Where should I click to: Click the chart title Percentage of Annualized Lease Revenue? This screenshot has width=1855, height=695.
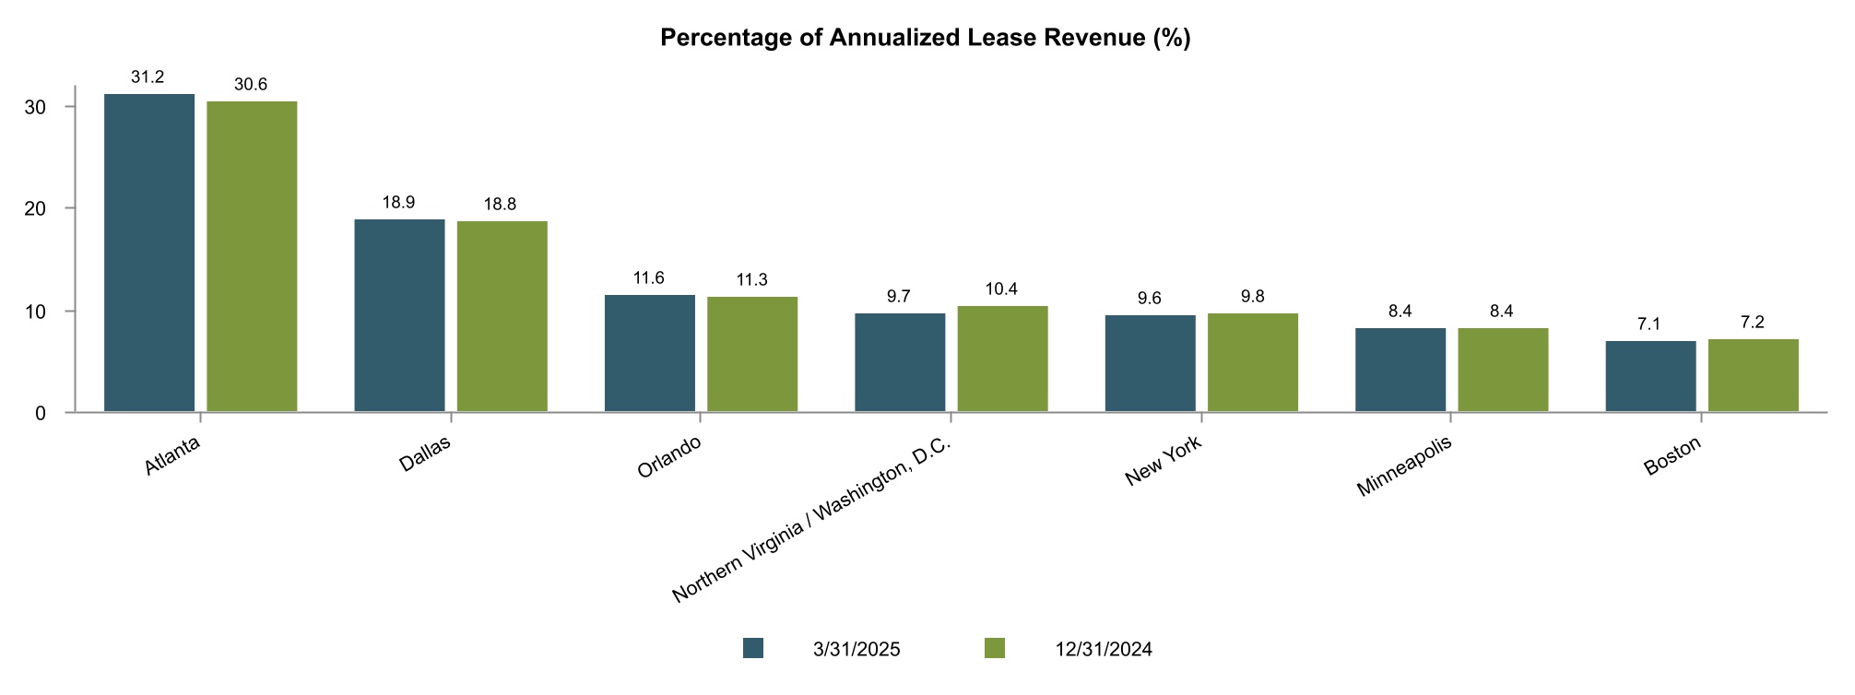click(926, 38)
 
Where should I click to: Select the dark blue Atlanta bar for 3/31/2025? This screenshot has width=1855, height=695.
click(149, 253)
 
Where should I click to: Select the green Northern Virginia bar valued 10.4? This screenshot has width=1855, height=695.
click(1002, 359)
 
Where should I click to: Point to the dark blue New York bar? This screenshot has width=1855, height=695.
click(1150, 363)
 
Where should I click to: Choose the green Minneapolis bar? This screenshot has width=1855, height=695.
click(1503, 370)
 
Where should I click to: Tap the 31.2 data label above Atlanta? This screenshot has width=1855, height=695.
click(148, 77)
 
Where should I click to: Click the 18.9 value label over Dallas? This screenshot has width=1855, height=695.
click(398, 203)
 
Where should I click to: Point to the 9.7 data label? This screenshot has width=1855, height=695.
click(898, 297)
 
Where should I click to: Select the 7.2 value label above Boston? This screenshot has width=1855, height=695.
click(1752, 323)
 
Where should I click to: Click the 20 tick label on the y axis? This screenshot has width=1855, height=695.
click(35, 209)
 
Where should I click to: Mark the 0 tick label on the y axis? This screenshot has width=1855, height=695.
click(41, 414)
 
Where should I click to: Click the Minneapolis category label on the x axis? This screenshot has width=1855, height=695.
click(1403, 468)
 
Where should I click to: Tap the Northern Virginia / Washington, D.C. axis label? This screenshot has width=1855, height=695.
click(811, 521)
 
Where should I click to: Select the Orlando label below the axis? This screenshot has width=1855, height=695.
click(669, 457)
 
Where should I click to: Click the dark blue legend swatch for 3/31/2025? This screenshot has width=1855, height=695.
click(753, 649)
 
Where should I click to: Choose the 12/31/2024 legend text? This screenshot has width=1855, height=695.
click(1104, 650)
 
